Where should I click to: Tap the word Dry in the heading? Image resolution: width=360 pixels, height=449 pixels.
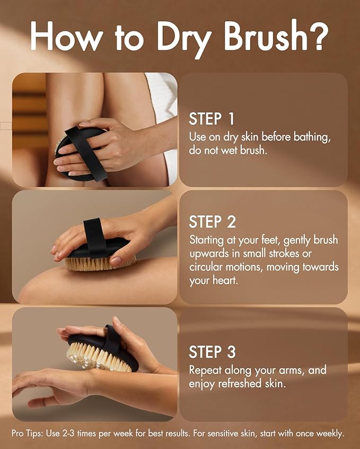coord(185,39)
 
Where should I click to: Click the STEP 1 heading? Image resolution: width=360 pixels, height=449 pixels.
coord(212,119)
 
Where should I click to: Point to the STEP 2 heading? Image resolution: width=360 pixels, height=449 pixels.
coord(212,222)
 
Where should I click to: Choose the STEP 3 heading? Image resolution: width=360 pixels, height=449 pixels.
coord(212,352)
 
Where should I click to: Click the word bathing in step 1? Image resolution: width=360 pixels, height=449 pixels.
coord(312,137)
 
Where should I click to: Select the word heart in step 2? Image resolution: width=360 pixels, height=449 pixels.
coord(225,280)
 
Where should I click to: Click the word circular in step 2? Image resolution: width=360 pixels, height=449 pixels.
coord(206,267)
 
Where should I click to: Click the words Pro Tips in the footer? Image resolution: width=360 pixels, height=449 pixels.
coord(28,433)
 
